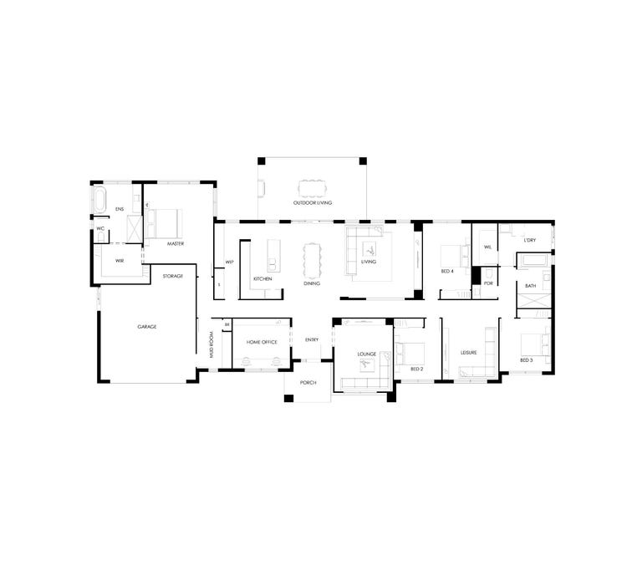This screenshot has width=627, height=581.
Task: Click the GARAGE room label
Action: pos(147,327)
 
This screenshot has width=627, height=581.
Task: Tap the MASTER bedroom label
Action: pos(175,244)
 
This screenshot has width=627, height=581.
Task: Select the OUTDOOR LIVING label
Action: pos(312,203)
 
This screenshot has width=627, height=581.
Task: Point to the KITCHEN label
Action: pos(263,278)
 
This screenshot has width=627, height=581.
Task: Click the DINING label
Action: pos(312,283)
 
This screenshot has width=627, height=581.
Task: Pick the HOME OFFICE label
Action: pos(261,342)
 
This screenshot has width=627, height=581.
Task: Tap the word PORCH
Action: pos(308,382)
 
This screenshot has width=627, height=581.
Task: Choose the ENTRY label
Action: pos(312,339)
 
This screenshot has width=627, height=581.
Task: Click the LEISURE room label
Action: pos(469,353)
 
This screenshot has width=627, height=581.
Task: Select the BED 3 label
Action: pos(526,360)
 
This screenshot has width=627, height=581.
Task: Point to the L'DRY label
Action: pos(529,241)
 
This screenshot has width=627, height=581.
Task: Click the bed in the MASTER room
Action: pos(166,222)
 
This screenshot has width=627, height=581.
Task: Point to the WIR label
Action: pos(120,260)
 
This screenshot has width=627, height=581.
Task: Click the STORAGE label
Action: pos(173,275)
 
